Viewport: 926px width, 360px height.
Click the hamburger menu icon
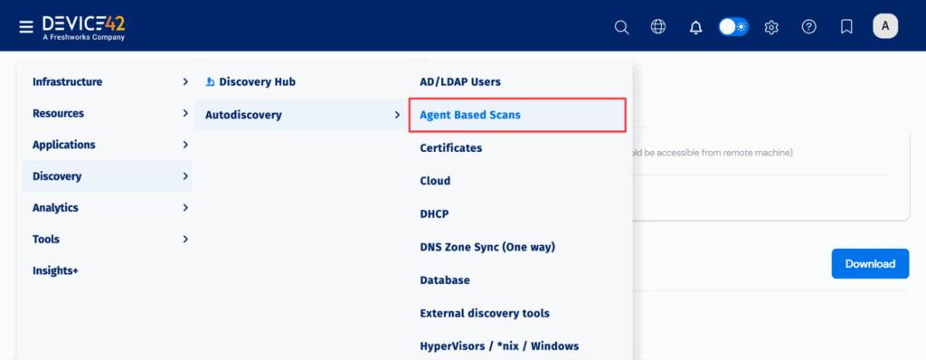pyautogui.click(x=26, y=26)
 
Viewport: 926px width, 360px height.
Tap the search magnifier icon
pyautogui.click(x=621, y=27)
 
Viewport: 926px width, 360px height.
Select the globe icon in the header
pyautogui.click(x=658, y=27)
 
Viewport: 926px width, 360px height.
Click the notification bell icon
pyautogui.click(x=695, y=27)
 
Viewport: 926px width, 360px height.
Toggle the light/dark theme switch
pyautogui.click(x=733, y=27)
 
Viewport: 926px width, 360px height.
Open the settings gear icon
pyautogui.click(x=771, y=27)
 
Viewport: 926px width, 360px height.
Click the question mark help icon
pyautogui.click(x=809, y=27)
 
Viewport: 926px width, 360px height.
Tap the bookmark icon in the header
pyautogui.click(x=846, y=27)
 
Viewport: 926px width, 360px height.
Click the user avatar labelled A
pyautogui.click(x=884, y=26)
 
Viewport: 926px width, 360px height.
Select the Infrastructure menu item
pyautogui.click(x=68, y=81)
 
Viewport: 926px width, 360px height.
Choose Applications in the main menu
pyautogui.click(x=64, y=145)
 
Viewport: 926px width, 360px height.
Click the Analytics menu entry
pyautogui.click(x=55, y=207)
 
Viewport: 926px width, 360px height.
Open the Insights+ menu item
pyautogui.click(x=55, y=270)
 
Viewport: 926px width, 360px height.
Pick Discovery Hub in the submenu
pyautogui.click(x=257, y=81)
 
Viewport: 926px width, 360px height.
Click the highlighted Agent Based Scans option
pyautogui.click(x=470, y=115)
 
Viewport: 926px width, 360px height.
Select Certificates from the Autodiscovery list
pyautogui.click(x=451, y=147)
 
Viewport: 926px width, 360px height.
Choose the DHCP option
pyautogui.click(x=435, y=214)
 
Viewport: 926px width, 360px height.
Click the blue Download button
pyautogui.click(x=870, y=263)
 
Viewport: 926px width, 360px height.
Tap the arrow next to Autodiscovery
pyautogui.click(x=397, y=115)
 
